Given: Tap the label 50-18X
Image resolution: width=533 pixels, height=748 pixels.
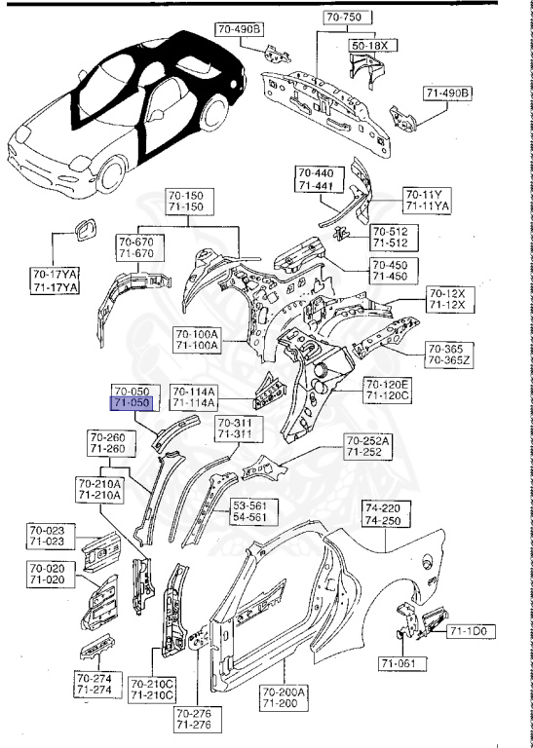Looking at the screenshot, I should pyautogui.click(x=368, y=46).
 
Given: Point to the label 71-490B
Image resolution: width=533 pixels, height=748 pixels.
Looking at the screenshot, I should pyautogui.click(x=448, y=93).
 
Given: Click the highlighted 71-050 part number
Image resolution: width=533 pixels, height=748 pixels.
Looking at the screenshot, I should pyautogui.click(x=131, y=401).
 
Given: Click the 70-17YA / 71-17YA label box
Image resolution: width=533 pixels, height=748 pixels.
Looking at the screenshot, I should pyautogui.click(x=56, y=280).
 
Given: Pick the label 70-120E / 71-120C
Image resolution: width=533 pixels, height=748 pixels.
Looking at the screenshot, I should pyautogui.click(x=389, y=390).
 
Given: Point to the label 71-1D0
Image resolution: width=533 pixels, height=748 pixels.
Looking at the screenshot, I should pyautogui.click(x=473, y=632).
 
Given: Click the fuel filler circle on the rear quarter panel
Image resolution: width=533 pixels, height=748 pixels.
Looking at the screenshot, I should pyautogui.click(x=427, y=560).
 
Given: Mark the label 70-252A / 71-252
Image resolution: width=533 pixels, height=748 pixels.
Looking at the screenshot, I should pyautogui.click(x=366, y=447).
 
